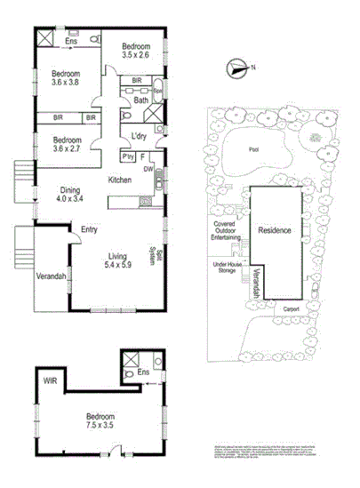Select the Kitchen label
[120, 180]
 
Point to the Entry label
[89, 229]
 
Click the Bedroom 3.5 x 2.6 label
[135, 51]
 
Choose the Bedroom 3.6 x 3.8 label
[66, 77]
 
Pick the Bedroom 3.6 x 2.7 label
[67, 144]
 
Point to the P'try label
[128, 156]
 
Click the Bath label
[140, 100]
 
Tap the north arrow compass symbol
[236, 65]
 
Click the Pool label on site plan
[255, 150]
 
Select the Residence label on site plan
[275, 230]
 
